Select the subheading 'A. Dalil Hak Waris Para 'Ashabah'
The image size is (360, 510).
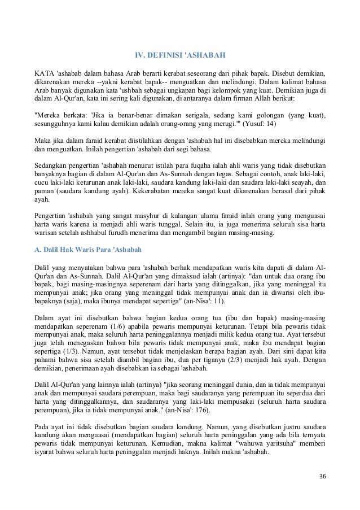[x=87, y=249]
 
